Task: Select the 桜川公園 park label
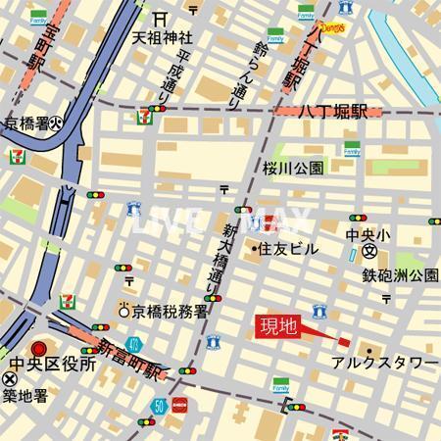(292, 169)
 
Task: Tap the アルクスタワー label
(383, 363)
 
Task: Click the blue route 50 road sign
(158, 404)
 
